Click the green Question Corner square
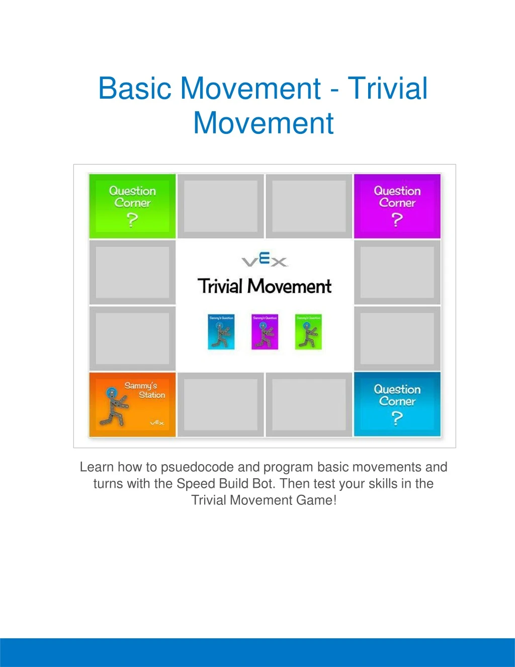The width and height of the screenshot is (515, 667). click(132, 206)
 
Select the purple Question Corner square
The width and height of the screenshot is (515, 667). click(397, 206)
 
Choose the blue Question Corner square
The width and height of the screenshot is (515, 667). click(397, 404)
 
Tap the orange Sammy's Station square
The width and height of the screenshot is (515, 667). click(132, 404)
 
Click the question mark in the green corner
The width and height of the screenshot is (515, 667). click(132, 220)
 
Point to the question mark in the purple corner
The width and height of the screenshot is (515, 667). click(397, 220)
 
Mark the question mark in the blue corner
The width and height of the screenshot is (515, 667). click(397, 418)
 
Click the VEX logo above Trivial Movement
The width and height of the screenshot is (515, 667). click(265, 261)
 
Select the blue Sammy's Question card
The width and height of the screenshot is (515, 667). click(221, 332)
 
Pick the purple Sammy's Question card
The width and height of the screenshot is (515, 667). click(265, 332)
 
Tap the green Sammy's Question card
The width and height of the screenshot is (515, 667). click(308, 332)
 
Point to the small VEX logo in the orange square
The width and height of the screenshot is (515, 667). click(157, 423)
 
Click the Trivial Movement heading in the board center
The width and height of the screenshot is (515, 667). click(265, 286)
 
